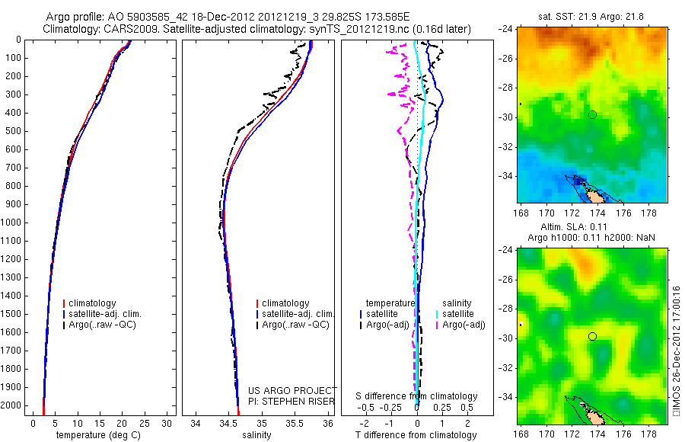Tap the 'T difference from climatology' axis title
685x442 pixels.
coord(416,435)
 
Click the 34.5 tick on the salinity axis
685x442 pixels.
coord(228,422)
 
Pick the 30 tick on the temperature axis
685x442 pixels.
coord(168,422)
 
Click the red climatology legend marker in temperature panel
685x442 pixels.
coord(64,303)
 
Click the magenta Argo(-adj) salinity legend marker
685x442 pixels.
coord(438,325)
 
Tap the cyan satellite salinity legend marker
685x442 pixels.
coord(438,314)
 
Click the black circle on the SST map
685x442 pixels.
coord(592,114)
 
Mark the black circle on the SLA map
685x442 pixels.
coord(592,336)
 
